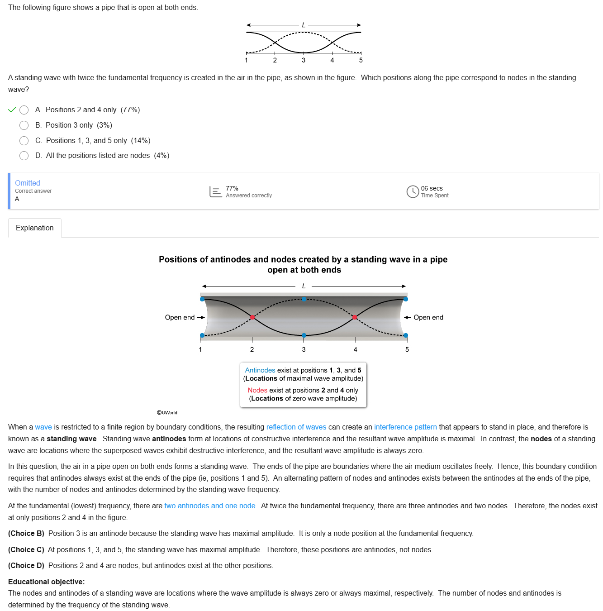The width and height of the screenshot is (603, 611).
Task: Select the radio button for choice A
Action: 24,110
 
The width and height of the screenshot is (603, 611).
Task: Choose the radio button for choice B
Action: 24,125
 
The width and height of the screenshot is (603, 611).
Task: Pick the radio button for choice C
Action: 24,141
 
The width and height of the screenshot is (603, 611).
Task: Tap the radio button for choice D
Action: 24,156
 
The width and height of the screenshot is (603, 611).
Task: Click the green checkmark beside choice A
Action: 12,110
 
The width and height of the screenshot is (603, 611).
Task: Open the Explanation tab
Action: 35,228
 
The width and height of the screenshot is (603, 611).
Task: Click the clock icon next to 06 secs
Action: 413,192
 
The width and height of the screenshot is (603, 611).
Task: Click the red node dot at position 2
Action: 252,317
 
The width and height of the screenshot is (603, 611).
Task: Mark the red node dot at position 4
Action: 355,317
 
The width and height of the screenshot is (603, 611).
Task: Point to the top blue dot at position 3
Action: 304,299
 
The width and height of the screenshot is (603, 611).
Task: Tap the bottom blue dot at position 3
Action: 304,335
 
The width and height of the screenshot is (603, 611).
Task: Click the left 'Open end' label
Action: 180,318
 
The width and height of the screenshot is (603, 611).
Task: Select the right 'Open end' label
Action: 428,318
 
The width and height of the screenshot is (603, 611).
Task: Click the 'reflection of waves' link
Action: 296,427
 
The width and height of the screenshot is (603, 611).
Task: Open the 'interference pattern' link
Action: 405,427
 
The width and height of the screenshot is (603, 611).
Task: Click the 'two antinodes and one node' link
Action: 210,506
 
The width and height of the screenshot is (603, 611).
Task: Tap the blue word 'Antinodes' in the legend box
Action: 260,370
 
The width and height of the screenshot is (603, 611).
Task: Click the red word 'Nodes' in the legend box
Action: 257,390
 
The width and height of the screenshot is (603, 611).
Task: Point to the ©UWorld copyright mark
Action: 167,413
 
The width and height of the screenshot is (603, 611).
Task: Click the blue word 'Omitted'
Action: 28,183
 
